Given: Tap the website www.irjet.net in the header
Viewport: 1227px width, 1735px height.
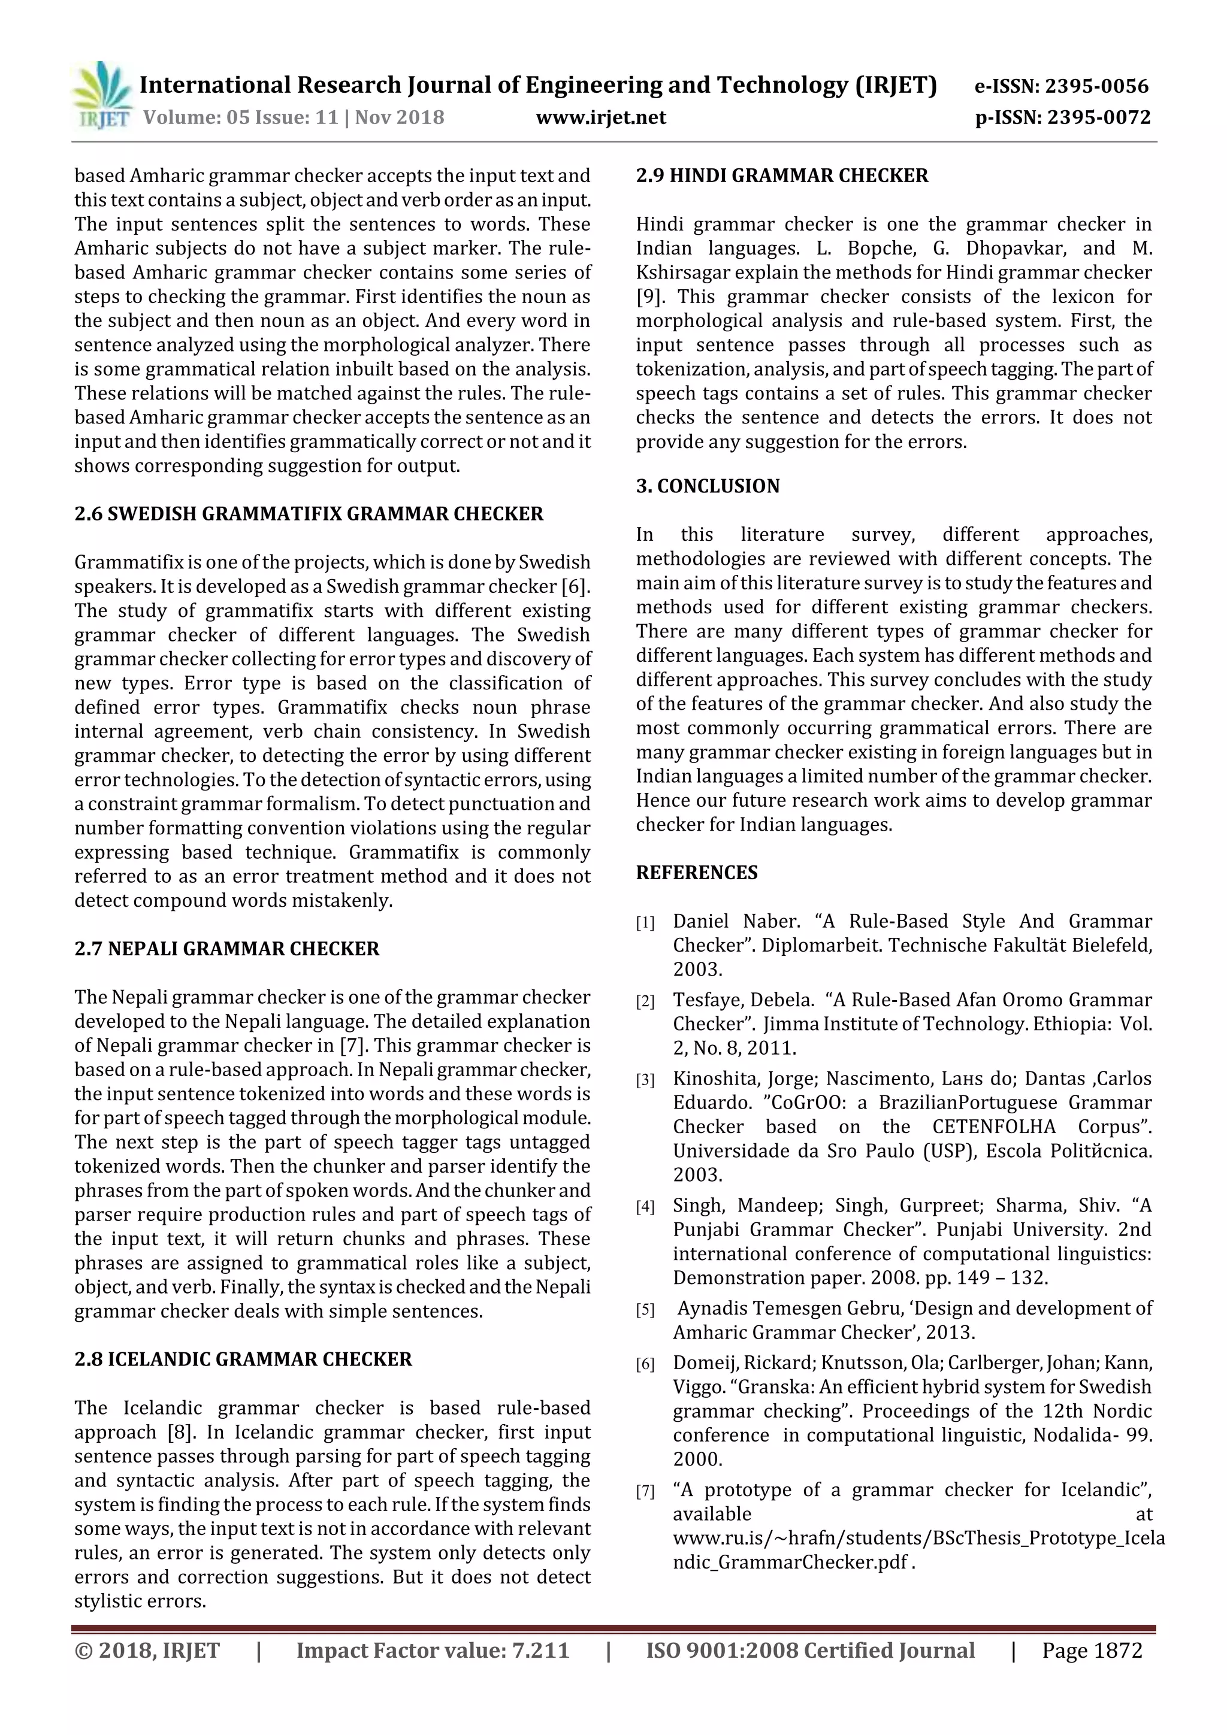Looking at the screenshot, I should point(600,117).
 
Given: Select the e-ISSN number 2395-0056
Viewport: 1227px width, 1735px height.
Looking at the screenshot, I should point(1095,86).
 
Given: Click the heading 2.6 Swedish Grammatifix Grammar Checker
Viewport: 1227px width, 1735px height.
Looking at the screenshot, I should point(309,514).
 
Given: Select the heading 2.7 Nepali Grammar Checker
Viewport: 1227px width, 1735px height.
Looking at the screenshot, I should point(227,949).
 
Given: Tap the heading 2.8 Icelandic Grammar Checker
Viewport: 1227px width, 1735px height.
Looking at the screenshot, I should point(243,1359).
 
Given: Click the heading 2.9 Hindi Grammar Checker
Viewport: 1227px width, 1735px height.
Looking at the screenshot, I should point(782,175).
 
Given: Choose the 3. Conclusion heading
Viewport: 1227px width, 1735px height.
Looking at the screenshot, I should point(708,486).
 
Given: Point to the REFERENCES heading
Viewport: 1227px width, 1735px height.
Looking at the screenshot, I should point(696,873).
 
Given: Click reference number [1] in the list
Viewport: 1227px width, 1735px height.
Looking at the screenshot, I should point(645,923).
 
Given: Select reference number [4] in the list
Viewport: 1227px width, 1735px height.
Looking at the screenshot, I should point(645,1207).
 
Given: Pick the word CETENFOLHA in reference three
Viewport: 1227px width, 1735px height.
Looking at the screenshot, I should point(993,1127).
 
